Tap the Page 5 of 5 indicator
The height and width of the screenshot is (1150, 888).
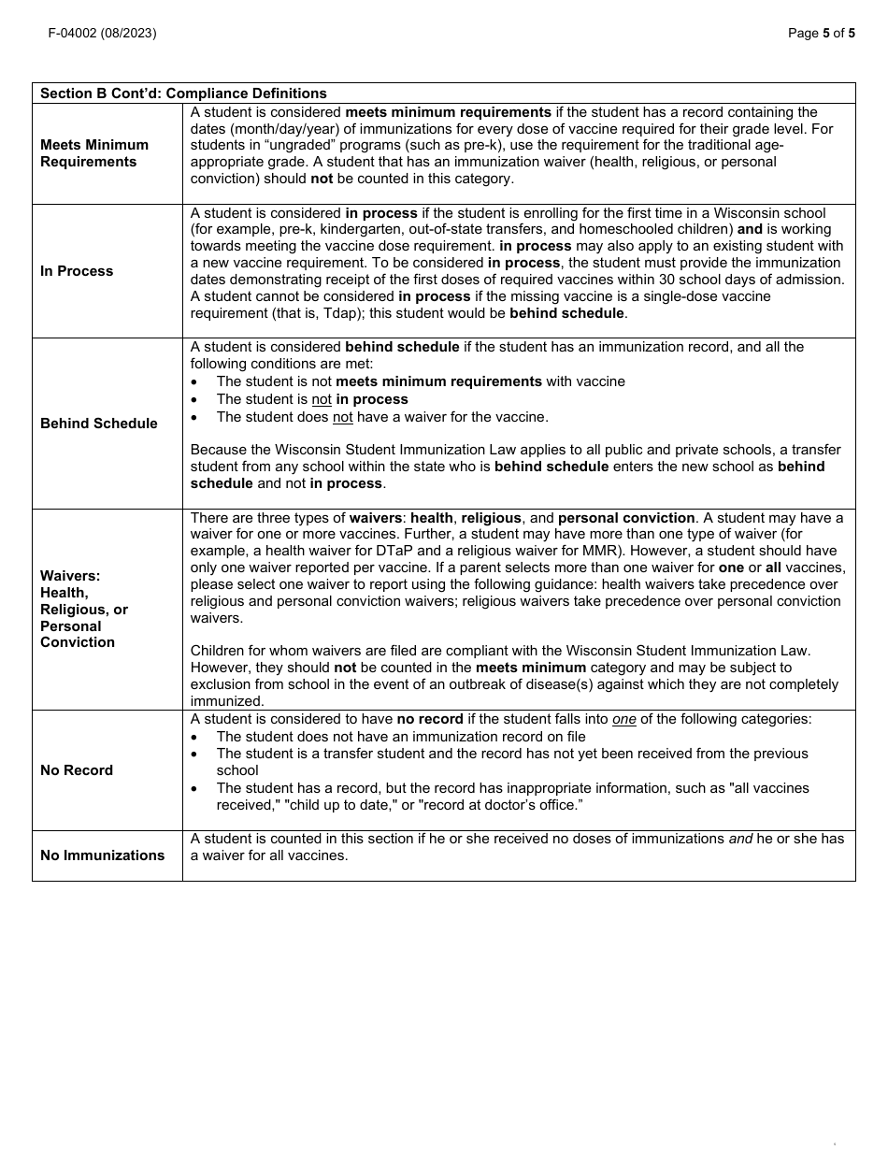pos(821,33)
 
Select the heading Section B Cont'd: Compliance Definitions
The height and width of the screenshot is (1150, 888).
pos(183,93)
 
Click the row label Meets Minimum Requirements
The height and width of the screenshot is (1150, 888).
pos(94,153)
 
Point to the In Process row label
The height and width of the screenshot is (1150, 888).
pos(77,271)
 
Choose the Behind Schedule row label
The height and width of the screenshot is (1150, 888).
pos(99,424)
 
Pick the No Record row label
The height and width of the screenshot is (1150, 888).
pos(77,770)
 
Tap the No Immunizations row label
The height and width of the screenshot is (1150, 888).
pos(103,855)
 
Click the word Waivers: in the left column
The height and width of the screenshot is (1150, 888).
pos(70,576)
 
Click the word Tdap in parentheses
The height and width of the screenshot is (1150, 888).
pos(312,313)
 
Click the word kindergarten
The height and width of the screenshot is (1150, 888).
pos(361,229)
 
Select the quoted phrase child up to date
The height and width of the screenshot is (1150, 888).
pos(335,805)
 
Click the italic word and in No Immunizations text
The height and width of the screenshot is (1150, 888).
pos(740,839)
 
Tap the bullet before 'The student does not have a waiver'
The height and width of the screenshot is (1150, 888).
pos(194,417)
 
